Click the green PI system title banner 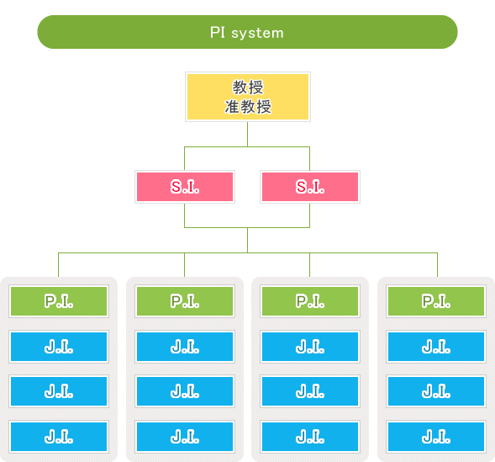click(247, 32)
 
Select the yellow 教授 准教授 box click(248, 97)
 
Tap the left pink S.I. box click(185, 187)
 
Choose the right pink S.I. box click(310, 187)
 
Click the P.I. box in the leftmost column click(59, 301)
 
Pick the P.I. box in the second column click(185, 301)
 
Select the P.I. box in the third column click(310, 301)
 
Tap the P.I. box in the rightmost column click(436, 301)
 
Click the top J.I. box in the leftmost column click(59, 347)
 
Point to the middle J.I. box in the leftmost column click(59, 391)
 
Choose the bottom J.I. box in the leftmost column click(59, 437)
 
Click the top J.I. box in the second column click(185, 347)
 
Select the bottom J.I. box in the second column click(185, 437)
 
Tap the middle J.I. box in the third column click(310, 391)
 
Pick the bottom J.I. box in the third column click(310, 437)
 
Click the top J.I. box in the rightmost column click(436, 347)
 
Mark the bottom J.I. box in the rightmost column click(436, 437)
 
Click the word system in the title click(258, 34)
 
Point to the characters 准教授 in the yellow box click(248, 107)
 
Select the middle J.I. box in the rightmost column click(436, 391)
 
